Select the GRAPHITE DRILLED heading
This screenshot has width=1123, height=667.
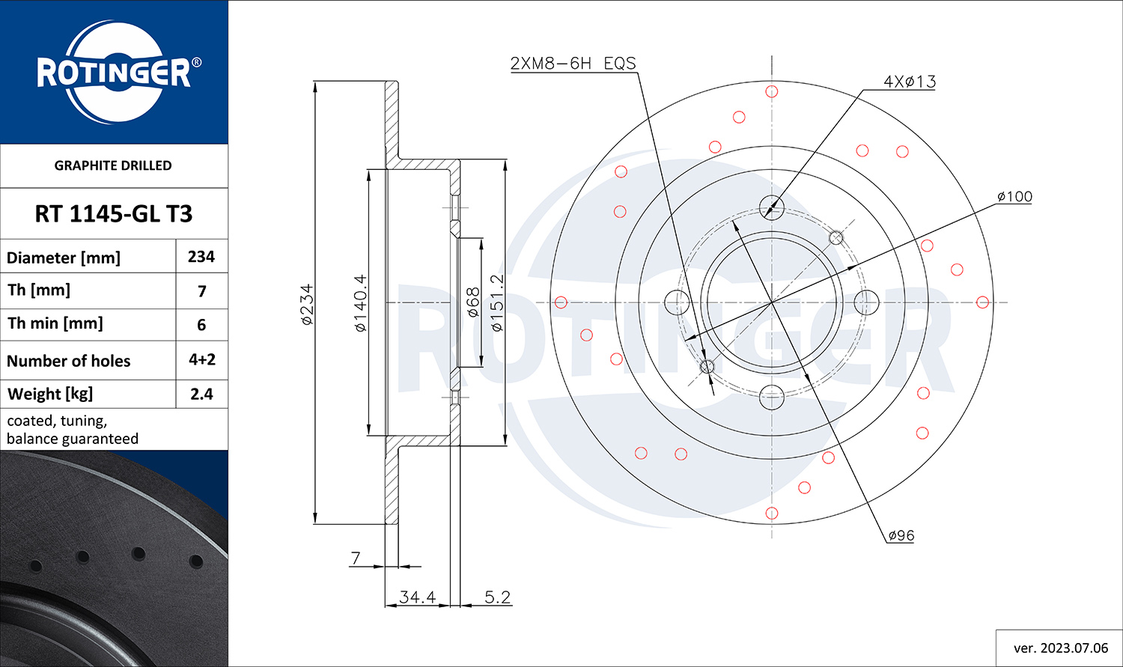pos(113,165)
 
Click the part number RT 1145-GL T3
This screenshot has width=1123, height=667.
pos(113,214)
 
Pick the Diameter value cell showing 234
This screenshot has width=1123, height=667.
pos(201,257)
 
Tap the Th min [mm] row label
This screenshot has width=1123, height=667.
pos(55,323)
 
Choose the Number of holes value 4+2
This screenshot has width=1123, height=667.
pos(202,360)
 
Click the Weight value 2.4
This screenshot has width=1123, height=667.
pos(201,394)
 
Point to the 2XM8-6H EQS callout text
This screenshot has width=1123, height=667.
pos(573,64)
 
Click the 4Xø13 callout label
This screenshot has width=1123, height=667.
pos(910,81)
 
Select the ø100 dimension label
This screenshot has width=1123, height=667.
pos(1014,196)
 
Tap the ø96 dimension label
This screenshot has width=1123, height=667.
pos(901,536)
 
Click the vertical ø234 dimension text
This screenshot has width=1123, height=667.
pos(307,304)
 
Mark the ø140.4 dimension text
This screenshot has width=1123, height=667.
pos(360,303)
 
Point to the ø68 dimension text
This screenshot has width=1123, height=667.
pos(472,302)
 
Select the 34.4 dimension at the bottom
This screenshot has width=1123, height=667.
pos(417,597)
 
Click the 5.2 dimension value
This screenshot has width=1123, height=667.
pos(497,597)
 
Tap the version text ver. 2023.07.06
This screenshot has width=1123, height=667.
pos(1061,648)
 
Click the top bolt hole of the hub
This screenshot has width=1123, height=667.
pos(772,207)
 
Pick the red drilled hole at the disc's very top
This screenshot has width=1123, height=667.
pos(772,91)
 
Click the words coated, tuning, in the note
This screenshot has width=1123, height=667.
pos(57,421)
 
